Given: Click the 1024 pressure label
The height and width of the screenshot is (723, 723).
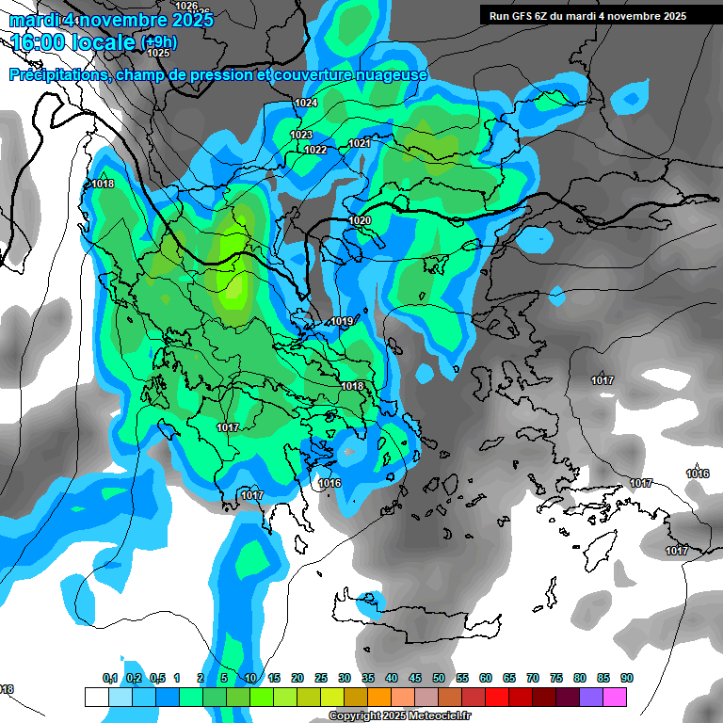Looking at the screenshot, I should pos(306,103).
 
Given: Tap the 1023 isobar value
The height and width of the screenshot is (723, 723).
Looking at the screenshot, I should pos(301,136).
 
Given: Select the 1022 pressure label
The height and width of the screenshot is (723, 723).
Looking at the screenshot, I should pos(315,150).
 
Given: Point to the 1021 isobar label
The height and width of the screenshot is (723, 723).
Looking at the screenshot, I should pos(360,143).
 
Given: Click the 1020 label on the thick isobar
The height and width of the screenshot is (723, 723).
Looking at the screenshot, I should pos(360,220).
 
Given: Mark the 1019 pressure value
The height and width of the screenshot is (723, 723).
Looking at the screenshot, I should pos(342,322).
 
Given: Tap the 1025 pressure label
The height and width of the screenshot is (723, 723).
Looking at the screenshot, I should pos(158,54).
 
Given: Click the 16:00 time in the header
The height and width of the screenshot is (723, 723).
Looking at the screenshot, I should pos(44,42).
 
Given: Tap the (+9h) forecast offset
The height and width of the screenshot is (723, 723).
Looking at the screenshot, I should pos(157,42).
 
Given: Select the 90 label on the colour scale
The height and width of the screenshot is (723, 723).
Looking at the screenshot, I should pos(626,678).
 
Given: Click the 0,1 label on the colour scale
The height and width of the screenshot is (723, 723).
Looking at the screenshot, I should pos(110,678).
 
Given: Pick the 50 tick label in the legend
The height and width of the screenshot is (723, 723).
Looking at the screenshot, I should pos(439,678).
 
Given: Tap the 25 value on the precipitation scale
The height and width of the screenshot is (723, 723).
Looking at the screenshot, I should pos(321,678).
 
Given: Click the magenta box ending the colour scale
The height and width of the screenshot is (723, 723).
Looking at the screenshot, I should pos(615,697).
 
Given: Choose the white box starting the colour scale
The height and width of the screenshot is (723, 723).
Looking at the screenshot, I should pos(96,697).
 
